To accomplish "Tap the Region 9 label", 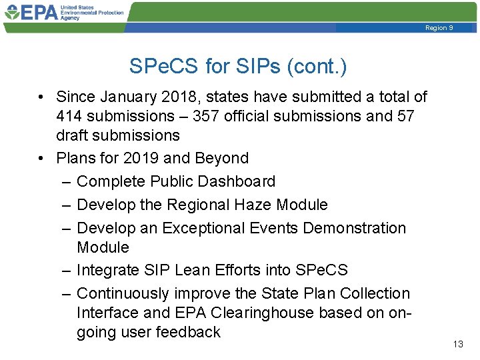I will pyautogui.click(x=439, y=28).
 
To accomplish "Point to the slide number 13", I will pyautogui.click(x=457, y=344).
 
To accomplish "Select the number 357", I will pyautogui.click(x=206, y=117).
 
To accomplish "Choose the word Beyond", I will pyautogui.click(x=221, y=159).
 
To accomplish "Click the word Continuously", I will pyautogui.click(x=123, y=293).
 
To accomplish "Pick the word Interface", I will pyautogui.click(x=106, y=313).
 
